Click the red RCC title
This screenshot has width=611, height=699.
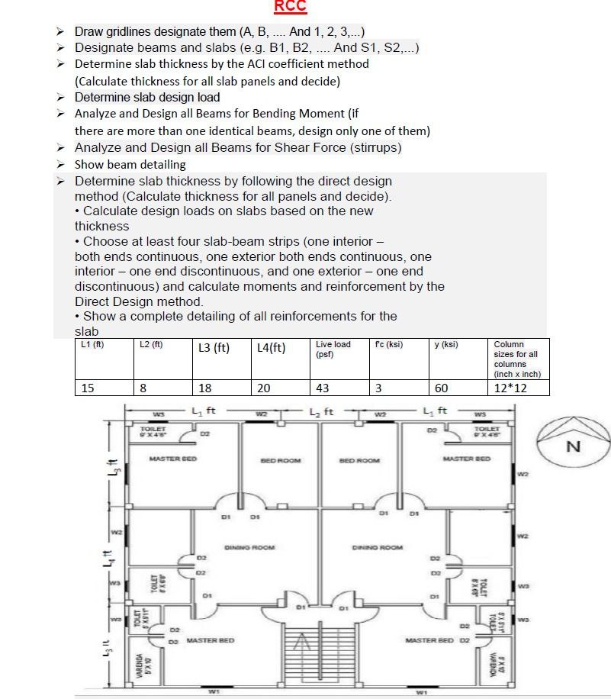click(x=290, y=7)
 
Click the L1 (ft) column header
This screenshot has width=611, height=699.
click(x=92, y=344)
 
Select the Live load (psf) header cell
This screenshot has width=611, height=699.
click(x=333, y=349)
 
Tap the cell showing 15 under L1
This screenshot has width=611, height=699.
click(x=88, y=388)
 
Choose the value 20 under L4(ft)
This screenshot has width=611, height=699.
click(x=264, y=388)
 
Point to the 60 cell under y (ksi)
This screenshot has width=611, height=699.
click(x=441, y=388)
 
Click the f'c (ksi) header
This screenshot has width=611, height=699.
click(x=390, y=344)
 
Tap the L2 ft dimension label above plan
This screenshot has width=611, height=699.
click(x=320, y=412)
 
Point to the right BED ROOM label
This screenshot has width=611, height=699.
click(x=359, y=461)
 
